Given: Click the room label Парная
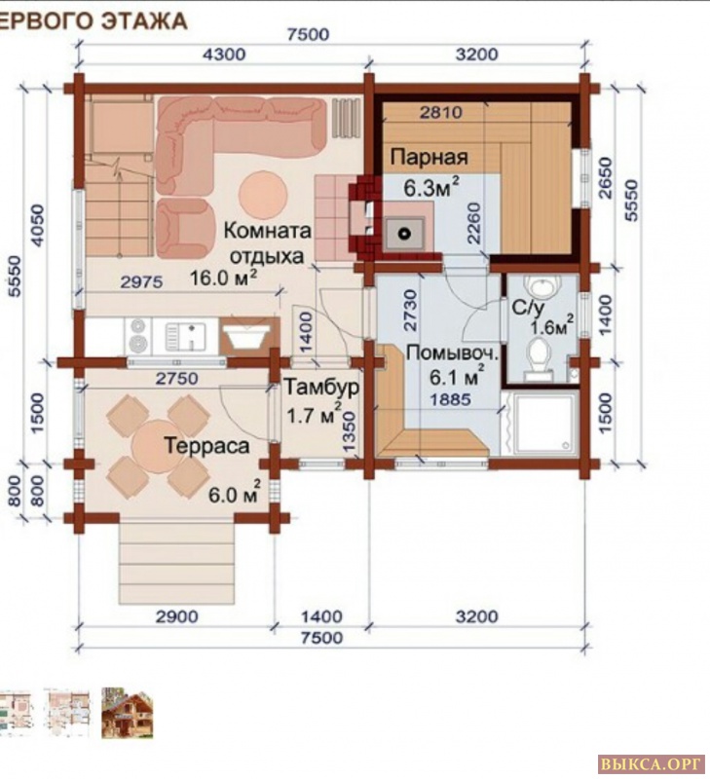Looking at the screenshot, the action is (429, 157).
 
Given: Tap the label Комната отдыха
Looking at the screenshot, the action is (267, 243).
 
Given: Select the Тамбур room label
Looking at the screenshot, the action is (321, 387).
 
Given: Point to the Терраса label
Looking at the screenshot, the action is (206, 446).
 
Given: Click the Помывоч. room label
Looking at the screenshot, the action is (452, 354).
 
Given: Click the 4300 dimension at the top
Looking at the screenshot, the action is (224, 54).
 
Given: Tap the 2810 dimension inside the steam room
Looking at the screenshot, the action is (441, 112).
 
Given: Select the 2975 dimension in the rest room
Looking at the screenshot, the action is (141, 282).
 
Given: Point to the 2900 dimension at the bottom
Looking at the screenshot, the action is (177, 616).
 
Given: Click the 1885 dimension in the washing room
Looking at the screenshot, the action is (450, 399).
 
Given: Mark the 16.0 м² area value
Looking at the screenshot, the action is (224, 278).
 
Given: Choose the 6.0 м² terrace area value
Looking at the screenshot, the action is (235, 493).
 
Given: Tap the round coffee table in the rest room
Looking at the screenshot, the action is (263, 195).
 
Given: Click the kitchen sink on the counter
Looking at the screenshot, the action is (185, 336).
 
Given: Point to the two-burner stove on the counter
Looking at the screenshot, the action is (138, 336).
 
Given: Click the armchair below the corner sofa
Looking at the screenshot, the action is (182, 228).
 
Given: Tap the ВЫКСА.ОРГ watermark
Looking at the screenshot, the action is (652, 763).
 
